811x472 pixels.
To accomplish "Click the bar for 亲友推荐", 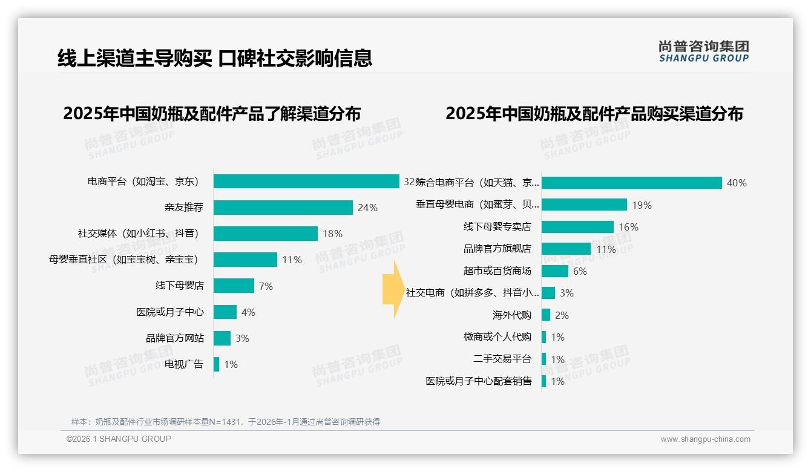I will coord(283,208).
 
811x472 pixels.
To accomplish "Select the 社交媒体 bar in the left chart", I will coord(265,234).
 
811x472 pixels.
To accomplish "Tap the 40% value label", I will coord(737,183).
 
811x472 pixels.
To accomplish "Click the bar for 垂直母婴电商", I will coord(584,205).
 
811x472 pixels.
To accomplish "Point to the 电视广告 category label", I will coord(184,364).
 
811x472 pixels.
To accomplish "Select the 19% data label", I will coord(642,205).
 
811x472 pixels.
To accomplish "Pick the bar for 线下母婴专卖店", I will coord(577,227).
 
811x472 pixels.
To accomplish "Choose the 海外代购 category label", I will coord(511,315).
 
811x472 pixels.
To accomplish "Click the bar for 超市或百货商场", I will coord(555,271).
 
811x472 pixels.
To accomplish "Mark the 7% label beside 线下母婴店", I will coord(266,286).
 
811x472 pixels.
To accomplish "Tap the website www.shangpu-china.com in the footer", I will coord(705,439).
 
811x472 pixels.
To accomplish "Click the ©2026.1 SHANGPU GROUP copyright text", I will coord(119,439).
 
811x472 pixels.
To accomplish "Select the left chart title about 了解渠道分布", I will coord(212,114).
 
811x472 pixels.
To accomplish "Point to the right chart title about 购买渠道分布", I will coord(594,114).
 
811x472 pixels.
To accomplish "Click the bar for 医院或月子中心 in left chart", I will coord(225,312).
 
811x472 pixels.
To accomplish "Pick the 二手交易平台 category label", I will coord(502,359).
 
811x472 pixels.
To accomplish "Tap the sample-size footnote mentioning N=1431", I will coord(225,422).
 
